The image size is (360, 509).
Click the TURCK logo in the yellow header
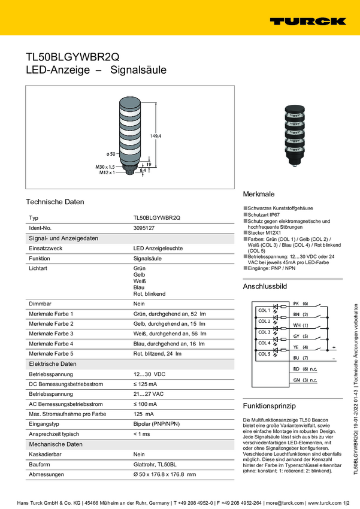[x=307, y=21]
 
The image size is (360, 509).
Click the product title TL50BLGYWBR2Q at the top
[x=72, y=57]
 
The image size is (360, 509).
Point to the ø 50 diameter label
[x=111, y=154]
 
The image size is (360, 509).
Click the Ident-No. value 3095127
[x=144, y=228]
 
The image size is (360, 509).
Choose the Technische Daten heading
[x=55, y=202]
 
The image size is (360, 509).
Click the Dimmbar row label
[x=40, y=304]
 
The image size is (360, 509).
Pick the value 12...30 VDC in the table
[x=149, y=373]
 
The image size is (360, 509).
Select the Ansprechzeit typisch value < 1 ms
[x=143, y=434]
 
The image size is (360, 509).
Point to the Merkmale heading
[x=258, y=195]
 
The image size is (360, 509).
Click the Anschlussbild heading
[x=265, y=287]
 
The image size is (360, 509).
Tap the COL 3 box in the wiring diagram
[x=264, y=332]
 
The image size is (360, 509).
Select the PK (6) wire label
[x=300, y=304]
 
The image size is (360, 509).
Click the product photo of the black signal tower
[x=293, y=135]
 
